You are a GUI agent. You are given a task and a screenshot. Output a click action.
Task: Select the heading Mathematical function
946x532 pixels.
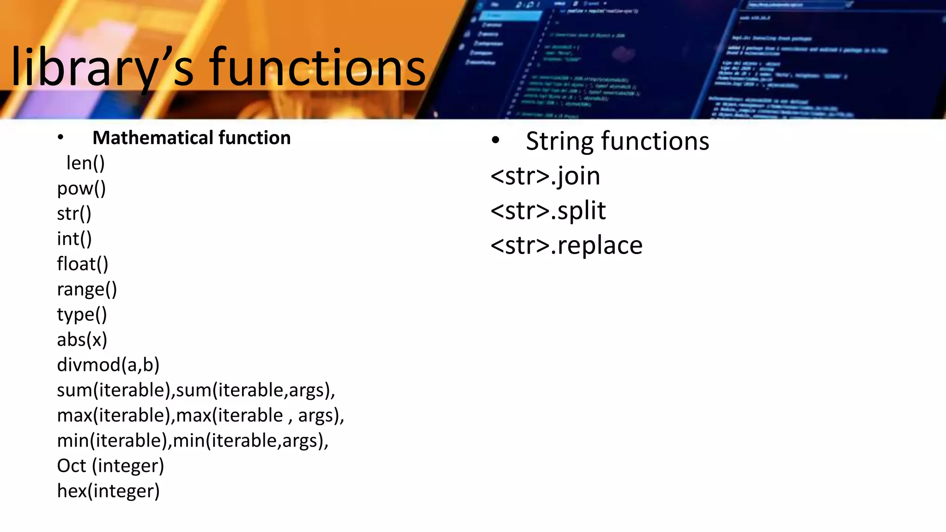[191, 138]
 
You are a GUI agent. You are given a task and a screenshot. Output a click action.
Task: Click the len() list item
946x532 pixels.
[85, 163]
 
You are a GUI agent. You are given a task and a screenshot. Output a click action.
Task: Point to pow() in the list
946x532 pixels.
[81, 188]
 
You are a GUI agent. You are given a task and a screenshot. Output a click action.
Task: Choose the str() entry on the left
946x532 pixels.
[74, 214]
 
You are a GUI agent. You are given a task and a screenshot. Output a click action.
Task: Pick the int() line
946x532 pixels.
[74, 239]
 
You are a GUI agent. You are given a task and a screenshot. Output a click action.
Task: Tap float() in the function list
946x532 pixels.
[82, 264]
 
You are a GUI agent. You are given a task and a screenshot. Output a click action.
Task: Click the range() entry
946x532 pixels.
[87, 290]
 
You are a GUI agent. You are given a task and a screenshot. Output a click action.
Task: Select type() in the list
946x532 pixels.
[82, 314]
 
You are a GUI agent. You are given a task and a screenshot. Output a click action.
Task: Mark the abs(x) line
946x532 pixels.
[82, 340]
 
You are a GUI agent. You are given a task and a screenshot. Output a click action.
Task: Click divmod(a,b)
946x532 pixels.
[108, 365]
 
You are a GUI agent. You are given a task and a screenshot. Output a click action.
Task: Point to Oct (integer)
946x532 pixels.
[110, 465]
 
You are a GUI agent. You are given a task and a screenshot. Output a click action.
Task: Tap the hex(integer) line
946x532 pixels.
[108, 491]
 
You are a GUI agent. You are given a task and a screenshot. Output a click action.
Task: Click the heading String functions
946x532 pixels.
[617, 141]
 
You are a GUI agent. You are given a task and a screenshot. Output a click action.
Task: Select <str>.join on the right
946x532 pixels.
[545, 176]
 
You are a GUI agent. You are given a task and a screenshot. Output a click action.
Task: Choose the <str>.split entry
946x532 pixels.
[548, 211]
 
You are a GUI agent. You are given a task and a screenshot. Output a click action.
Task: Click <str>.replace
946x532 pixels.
[566, 245]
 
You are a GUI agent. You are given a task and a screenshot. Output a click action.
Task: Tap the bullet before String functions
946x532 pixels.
[496, 140]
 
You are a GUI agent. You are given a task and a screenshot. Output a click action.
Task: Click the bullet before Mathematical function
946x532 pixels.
[61, 137]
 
